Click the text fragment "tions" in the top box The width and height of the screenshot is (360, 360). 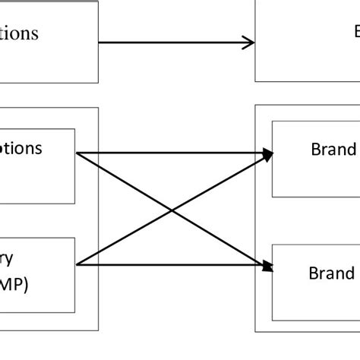click(18, 33)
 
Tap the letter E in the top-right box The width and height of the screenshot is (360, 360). click(356, 31)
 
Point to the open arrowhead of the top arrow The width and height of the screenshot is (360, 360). click(250, 43)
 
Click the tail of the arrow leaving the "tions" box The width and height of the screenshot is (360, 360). click(101, 43)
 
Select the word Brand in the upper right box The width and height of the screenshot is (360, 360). click(333, 149)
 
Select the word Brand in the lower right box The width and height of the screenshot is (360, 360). click(332, 273)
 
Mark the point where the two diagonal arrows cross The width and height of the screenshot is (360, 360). click(175, 209)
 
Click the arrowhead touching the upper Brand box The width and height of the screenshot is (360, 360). click(267, 153)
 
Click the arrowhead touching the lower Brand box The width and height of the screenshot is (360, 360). click(267, 266)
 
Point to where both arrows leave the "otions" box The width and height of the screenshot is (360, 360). click(77, 153)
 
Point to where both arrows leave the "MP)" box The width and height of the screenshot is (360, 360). click(77, 265)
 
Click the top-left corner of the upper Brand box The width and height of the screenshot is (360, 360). click(272, 122)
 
